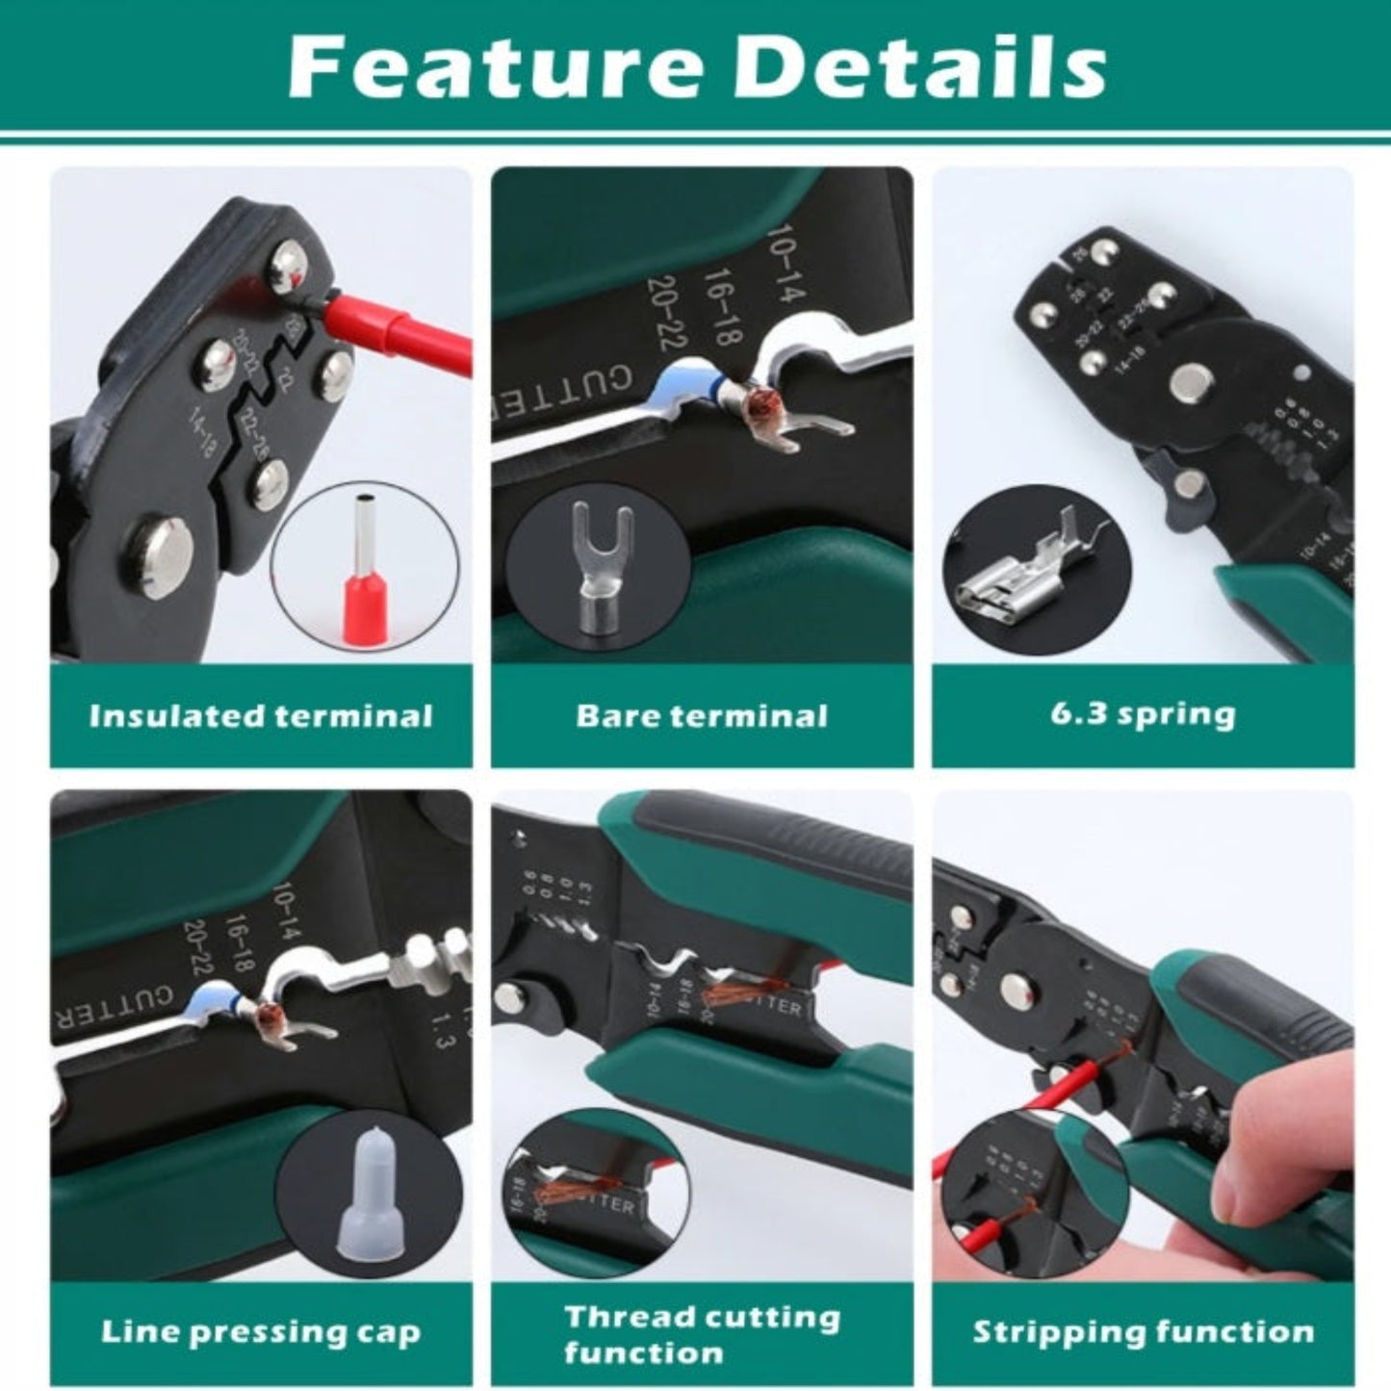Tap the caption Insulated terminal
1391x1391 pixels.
(261, 716)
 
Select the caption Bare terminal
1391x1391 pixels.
(702, 716)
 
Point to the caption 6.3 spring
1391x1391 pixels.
(1143, 715)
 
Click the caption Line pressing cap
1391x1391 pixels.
(261, 1332)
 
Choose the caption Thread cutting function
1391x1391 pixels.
(702, 1334)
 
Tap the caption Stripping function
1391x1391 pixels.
(1143, 1332)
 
